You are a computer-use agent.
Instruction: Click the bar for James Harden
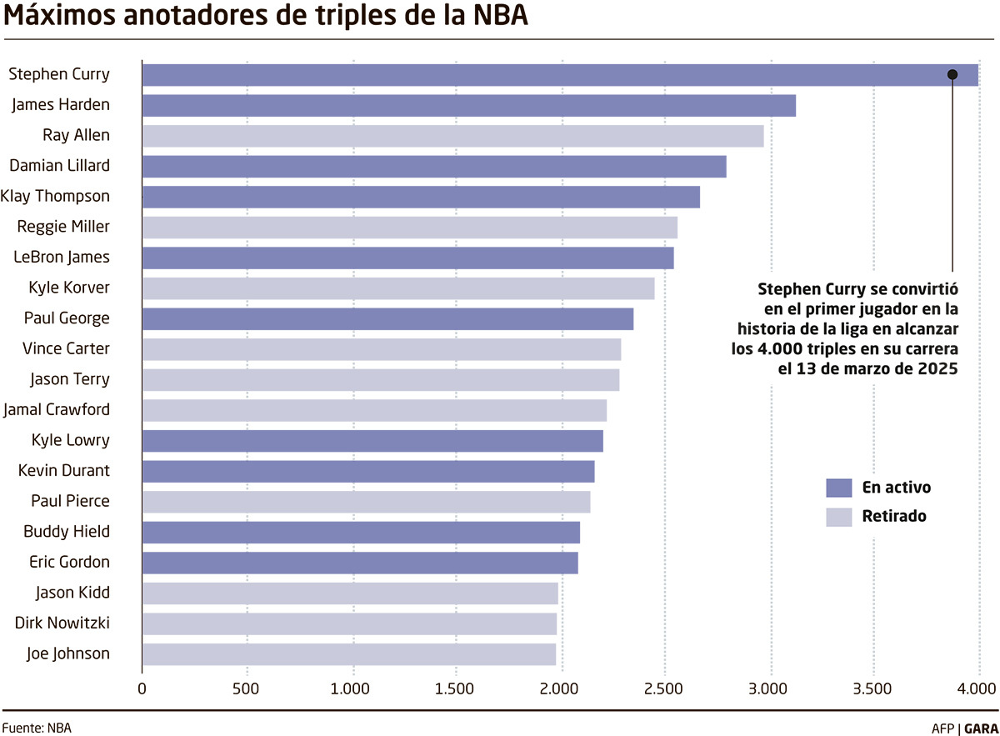point(468,106)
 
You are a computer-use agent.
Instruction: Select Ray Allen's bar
point(452,136)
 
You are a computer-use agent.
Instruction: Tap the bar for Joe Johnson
point(348,654)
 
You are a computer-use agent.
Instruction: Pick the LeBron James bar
point(407,258)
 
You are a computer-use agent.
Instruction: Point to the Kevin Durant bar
point(367,472)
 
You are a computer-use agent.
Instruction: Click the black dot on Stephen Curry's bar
point(952,75)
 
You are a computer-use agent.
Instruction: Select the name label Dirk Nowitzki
point(62,623)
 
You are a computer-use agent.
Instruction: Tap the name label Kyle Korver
point(69,288)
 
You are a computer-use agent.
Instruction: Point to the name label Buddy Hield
point(67,532)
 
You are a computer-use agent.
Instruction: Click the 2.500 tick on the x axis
point(665,689)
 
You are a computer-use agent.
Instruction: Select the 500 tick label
point(247,689)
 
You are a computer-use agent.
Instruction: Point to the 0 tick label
point(142,689)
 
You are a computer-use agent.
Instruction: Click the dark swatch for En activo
point(838,488)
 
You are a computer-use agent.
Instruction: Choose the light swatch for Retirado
point(838,517)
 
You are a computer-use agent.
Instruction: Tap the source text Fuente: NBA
point(37,728)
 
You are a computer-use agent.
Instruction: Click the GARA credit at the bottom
point(981,728)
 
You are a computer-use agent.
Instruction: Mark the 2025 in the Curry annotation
point(937,368)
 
